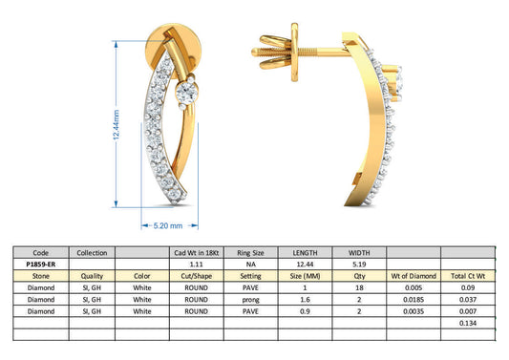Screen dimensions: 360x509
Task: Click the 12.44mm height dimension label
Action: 117,124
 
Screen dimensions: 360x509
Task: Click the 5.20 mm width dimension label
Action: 168,226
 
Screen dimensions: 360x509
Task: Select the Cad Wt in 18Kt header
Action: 196,250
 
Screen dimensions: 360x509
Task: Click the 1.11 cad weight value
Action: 196,262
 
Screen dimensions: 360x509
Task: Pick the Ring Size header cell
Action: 250,250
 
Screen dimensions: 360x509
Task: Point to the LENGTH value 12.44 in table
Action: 305,262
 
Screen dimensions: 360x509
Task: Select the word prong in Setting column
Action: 250,299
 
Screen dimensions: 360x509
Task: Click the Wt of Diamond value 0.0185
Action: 414,299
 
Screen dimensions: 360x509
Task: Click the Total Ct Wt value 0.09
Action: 468,286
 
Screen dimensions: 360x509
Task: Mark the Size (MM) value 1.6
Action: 305,299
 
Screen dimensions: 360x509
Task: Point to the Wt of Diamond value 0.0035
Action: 414,311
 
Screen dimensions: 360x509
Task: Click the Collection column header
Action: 92,250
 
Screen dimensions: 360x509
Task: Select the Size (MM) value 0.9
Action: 305,311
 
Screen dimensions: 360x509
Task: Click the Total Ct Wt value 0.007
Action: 468,311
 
